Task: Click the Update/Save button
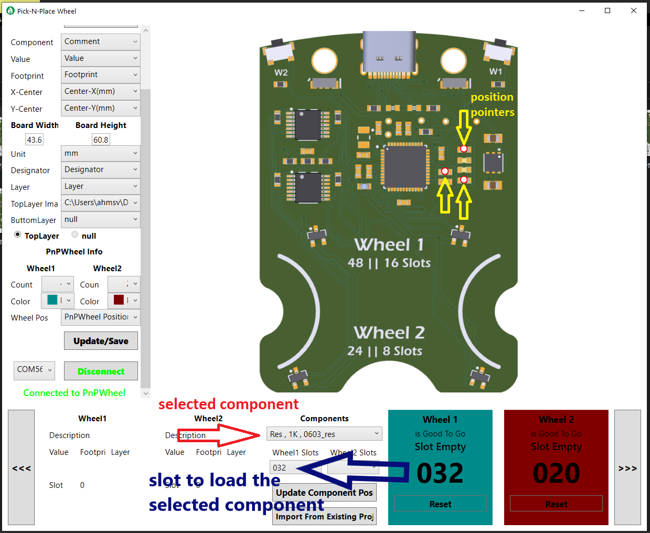(x=101, y=341)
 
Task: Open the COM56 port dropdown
(x=34, y=370)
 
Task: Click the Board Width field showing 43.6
(x=35, y=140)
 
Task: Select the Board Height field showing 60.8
(x=101, y=140)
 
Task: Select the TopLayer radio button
(x=18, y=235)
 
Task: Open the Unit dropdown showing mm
(x=100, y=154)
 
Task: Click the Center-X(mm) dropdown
(x=100, y=92)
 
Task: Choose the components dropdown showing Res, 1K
(x=324, y=434)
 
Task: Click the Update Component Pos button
(x=324, y=493)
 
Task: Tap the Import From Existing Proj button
(x=324, y=517)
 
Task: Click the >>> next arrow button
(x=627, y=467)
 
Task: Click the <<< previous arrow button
(x=22, y=467)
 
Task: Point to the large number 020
(x=556, y=473)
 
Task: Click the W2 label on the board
(x=281, y=72)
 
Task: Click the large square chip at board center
(x=405, y=166)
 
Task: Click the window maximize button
(x=608, y=10)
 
